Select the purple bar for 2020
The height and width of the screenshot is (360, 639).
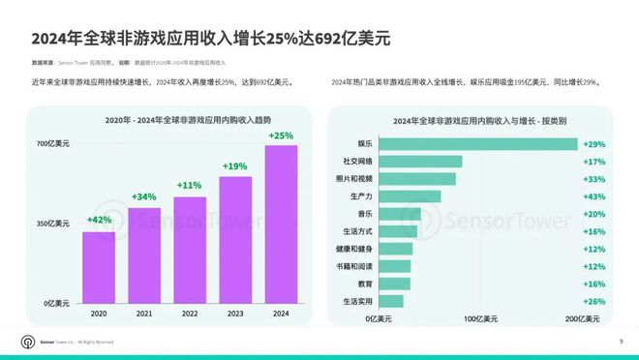click(98, 267)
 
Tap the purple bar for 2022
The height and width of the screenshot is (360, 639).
click(190, 249)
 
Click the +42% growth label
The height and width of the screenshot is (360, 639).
click(98, 220)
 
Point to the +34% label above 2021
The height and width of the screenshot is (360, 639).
click(143, 196)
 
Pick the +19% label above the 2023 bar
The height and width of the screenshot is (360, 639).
click(235, 165)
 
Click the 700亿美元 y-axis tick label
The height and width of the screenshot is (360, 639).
click(54, 144)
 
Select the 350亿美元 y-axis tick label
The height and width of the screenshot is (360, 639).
click(54, 224)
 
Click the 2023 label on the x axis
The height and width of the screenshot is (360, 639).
click(235, 314)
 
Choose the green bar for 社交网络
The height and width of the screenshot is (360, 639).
click(415, 161)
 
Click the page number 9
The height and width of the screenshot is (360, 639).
click(621, 342)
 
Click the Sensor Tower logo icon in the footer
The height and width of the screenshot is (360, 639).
click(26, 342)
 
